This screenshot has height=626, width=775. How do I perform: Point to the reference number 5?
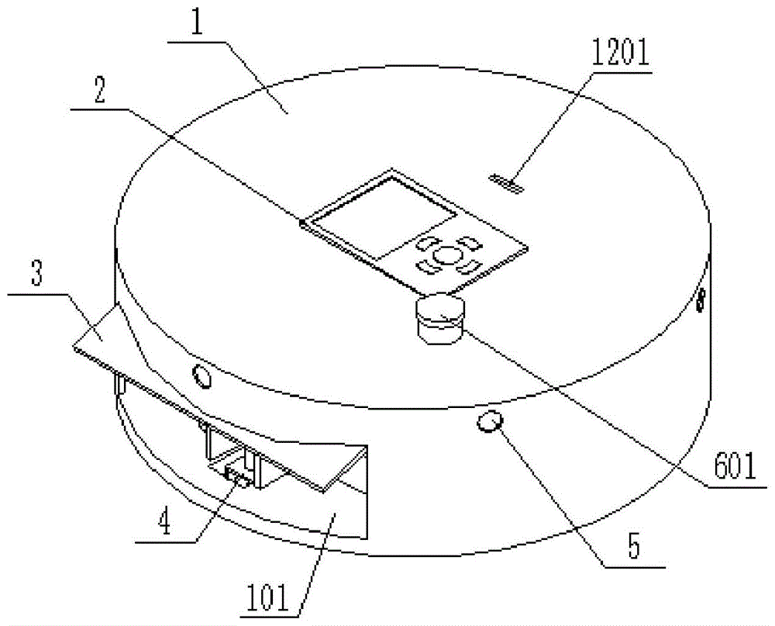(633, 548)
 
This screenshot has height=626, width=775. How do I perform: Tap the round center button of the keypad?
(446, 254)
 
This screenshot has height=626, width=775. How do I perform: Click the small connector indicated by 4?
(237, 476)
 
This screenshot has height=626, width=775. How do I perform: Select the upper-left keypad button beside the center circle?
(427, 244)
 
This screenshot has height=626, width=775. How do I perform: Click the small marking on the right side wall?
(701, 299)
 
